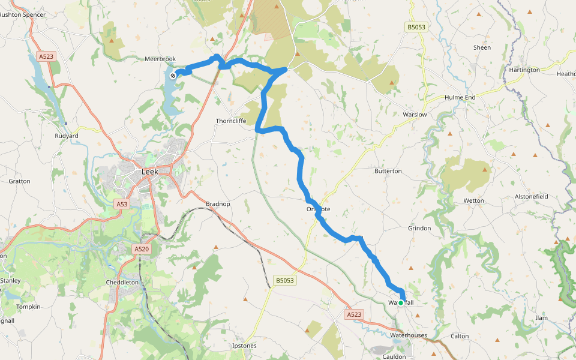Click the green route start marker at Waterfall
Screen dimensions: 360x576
[401, 303]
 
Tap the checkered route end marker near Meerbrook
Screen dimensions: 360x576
[173, 75]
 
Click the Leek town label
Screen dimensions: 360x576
[150, 172]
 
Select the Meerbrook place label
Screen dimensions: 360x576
[159, 59]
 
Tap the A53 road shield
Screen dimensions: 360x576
[122, 204]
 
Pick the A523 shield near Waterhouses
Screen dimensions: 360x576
[355, 314]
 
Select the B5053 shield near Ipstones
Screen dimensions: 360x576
[285, 280]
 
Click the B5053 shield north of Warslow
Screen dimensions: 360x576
[416, 27]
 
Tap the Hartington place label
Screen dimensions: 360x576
[524, 70]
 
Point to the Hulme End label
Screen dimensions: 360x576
[460, 97]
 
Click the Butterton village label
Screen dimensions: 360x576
[388, 171]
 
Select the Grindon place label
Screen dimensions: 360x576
[419, 228]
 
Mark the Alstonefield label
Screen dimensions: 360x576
[532, 196]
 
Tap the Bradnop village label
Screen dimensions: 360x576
[218, 204]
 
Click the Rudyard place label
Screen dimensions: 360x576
[66, 136]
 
